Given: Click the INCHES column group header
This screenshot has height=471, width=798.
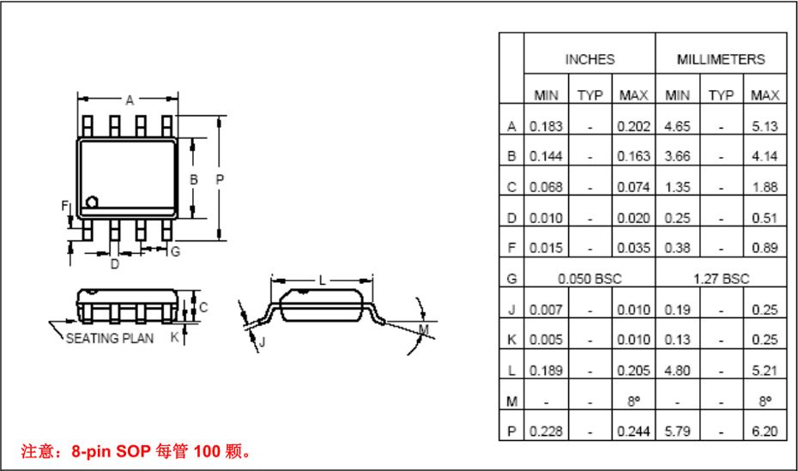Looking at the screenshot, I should click(x=589, y=59).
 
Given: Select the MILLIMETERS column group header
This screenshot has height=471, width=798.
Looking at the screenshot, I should click(x=721, y=59).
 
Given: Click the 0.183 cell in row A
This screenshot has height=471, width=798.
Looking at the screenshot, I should click(x=546, y=126).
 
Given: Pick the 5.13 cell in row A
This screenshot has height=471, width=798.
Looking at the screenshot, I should click(x=764, y=126).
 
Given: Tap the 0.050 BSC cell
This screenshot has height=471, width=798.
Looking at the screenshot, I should click(x=589, y=279).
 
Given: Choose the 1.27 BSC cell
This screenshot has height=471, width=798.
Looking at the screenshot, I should click(x=721, y=279).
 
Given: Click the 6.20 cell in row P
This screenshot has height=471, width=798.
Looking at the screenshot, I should click(x=764, y=432).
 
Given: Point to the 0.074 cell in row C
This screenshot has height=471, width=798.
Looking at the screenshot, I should click(x=633, y=187).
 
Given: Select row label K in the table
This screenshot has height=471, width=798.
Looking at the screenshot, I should click(x=511, y=340).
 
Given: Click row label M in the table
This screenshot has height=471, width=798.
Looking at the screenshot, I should click(x=511, y=401).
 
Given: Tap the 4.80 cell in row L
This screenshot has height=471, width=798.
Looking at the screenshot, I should click(x=677, y=371).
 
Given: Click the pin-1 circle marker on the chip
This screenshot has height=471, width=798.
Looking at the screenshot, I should click(x=93, y=202).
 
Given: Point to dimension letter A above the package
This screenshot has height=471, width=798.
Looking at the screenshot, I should click(x=130, y=100).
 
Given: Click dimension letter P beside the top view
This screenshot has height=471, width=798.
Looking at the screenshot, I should click(x=220, y=179).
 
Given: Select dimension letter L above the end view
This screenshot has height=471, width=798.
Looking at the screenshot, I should click(x=322, y=281).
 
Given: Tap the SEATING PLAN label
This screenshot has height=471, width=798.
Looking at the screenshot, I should click(x=110, y=338).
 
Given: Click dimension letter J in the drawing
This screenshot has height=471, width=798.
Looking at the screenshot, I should click(x=263, y=341).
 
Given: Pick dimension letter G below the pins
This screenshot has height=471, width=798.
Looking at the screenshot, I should click(x=175, y=251).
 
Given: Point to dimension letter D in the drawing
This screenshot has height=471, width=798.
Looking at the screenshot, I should click(x=114, y=264).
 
